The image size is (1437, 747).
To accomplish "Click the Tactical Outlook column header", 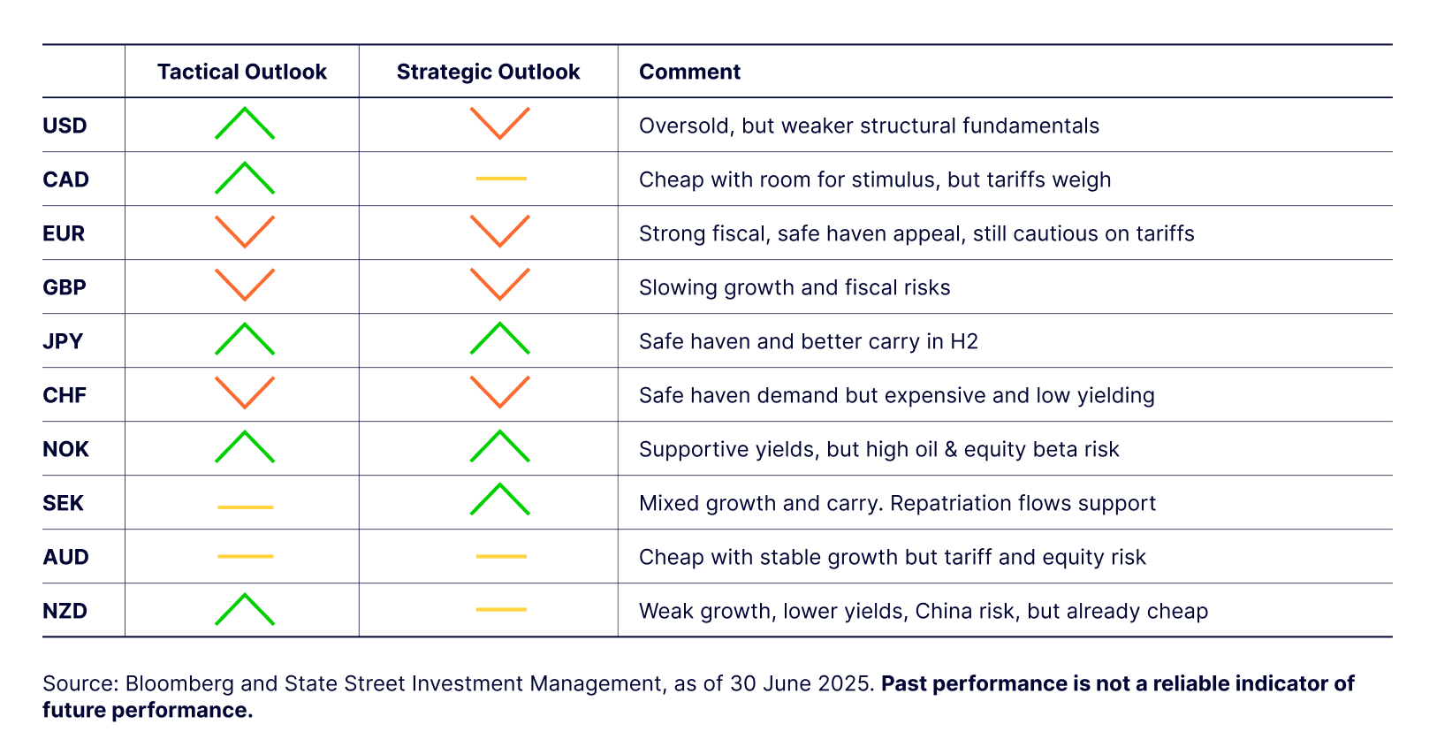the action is point(242,72).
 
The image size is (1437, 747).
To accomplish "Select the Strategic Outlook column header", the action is point(488,72).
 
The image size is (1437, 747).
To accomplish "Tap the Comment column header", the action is point(689,72).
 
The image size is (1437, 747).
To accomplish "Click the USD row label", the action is point(65,126).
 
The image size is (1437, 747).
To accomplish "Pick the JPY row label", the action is point(63,340).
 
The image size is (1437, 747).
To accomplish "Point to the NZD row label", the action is point(65,610).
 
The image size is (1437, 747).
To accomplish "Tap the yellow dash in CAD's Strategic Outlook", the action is point(501,179).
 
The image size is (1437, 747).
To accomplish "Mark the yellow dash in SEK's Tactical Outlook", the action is point(246,507).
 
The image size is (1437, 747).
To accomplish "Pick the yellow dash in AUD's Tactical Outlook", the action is point(246,556).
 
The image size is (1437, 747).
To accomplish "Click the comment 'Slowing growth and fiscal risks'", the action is point(795,287).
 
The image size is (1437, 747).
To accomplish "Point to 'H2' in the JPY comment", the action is point(964,340).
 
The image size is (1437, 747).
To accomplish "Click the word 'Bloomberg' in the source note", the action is point(179,683).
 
